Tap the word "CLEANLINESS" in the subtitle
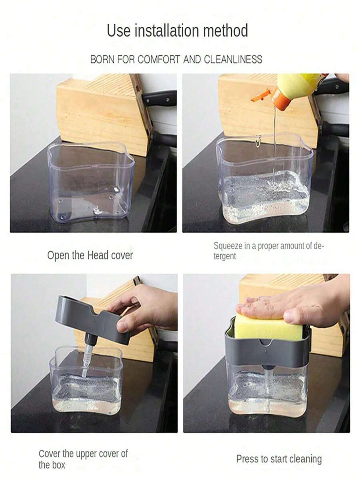[x=233, y=59]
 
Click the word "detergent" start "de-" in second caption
[x=319, y=246]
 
